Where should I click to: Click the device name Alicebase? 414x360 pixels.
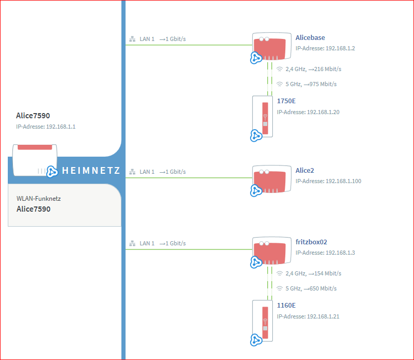coord(310,38)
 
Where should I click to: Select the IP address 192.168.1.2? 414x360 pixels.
coord(340,48)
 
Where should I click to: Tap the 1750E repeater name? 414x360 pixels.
coord(286,101)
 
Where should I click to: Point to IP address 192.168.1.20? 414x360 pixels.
coord(323,112)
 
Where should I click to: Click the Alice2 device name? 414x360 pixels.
coord(305,171)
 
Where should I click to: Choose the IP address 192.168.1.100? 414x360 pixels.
coord(343,181)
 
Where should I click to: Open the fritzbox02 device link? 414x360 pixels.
coord(311,242)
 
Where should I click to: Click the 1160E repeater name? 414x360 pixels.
coord(286,306)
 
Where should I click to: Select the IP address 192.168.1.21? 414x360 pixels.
coord(323,316)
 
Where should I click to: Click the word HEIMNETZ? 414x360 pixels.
coord(91,171)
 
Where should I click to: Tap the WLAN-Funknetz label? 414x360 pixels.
coord(38,199)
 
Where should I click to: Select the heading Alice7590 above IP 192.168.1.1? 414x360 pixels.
coord(33,116)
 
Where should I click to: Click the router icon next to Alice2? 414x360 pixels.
coord(271,179)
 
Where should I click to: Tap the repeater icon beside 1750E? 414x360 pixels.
coord(263,116)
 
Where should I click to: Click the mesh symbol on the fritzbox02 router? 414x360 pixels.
coord(256,262)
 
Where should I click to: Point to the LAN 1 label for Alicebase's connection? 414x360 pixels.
coord(147,39)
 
